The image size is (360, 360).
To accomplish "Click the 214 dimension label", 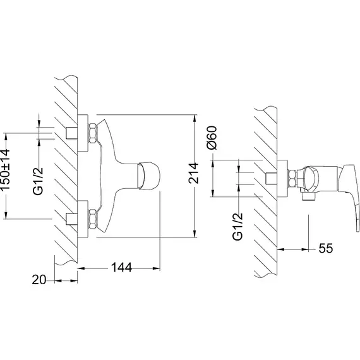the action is pos(193,173).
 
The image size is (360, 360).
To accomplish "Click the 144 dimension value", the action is pos(121,268).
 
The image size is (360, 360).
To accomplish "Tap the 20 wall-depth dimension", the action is pos(39,280).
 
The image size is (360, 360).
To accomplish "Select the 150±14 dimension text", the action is pos(5,170).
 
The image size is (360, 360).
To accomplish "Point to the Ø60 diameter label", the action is pos(212,138).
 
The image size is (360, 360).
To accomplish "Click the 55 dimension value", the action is pos(326,248).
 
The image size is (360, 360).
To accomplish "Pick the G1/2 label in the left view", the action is pos(38,181).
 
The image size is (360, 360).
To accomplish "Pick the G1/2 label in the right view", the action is pos(237,227).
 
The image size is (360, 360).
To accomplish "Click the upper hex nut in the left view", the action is pos(93,133).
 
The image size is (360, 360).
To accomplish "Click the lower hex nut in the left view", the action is pos(93,219).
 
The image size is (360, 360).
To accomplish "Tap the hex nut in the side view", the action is pos(292,178).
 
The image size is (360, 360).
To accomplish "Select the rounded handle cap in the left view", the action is pos(148,176).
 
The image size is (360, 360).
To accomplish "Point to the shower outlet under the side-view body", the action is pos(309,197).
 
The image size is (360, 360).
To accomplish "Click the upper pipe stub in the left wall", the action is pos(71,133).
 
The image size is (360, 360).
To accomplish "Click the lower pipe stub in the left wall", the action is pos(71,219).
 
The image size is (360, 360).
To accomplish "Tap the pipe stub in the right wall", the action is pos(271,178).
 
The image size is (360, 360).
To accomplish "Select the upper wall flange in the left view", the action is pos(83,133).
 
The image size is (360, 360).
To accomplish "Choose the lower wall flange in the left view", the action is pos(83,219).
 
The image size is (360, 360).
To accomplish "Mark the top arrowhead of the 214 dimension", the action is pos(195,119).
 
